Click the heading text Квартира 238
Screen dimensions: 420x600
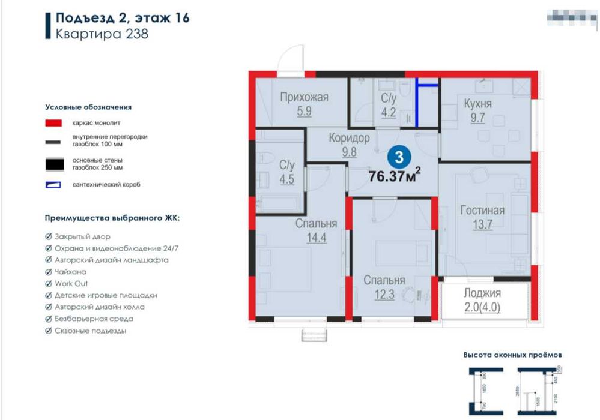pyautogui.click(x=102, y=34)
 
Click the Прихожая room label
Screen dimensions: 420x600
pyautogui.click(x=304, y=97)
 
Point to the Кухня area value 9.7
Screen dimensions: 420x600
pyautogui.click(x=477, y=118)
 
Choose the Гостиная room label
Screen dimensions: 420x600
pyautogui.click(x=482, y=211)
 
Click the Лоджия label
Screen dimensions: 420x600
pyautogui.click(x=482, y=293)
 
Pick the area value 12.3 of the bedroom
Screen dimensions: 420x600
pyautogui.click(x=384, y=295)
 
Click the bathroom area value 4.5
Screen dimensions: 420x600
pyautogui.click(x=286, y=179)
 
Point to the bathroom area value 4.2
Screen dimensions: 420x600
pyautogui.click(x=389, y=111)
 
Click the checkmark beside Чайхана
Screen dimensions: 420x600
pyautogui.click(x=49, y=272)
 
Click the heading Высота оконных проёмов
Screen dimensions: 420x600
pyautogui.click(x=512, y=355)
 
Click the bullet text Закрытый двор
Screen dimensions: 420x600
pyautogui.click(x=82, y=236)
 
